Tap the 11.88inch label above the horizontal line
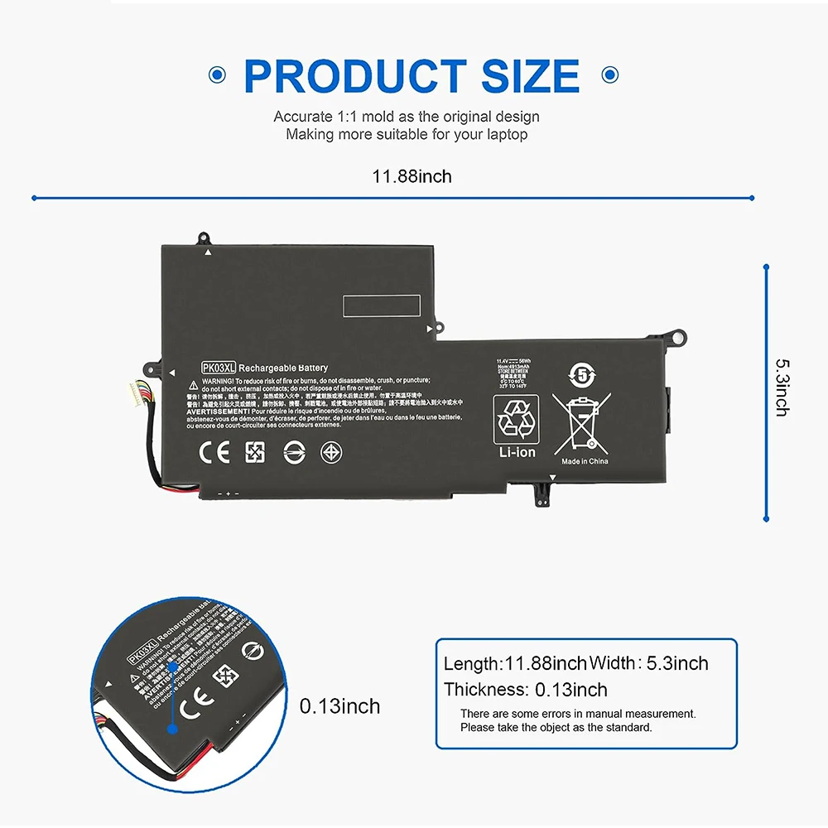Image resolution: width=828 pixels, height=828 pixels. tap(412, 176)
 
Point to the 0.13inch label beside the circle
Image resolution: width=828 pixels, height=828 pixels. tap(339, 706)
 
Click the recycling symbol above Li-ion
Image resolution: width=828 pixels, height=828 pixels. tap(516, 419)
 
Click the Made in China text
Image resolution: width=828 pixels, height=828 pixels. tap(585, 461)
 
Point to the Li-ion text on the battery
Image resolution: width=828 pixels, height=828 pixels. tap(516, 452)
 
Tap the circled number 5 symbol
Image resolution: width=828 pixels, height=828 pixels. tap(582, 375)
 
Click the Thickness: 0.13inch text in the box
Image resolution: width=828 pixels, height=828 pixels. tap(525, 689)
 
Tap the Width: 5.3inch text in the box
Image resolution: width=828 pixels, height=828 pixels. tap(649, 663)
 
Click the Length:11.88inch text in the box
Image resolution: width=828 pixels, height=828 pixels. tap(515, 663)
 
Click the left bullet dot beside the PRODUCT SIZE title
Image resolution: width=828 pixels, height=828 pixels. tap(217, 75)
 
